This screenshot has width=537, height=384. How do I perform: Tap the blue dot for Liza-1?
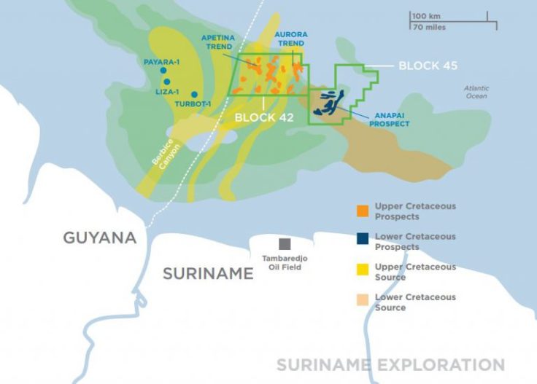(x=167, y=82)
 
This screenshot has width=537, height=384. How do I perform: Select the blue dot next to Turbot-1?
(x=194, y=94)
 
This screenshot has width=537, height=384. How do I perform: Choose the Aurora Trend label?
(x=291, y=39)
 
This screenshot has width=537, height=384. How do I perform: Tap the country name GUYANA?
(x=100, y=238)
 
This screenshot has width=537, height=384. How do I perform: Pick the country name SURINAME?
(x=208, y=274)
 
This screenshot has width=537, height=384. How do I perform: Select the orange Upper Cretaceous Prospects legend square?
(x=362, y=212)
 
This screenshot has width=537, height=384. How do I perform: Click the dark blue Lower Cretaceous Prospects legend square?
(x=362, y=242)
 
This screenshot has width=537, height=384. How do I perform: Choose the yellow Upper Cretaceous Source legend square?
(x=362, y=273)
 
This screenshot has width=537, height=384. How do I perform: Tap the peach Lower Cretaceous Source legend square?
(x=362, y=302)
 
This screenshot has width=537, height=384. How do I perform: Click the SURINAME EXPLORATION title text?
(x=390, y=364)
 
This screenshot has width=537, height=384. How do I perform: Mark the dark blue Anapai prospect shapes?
(x=328, y=103)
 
